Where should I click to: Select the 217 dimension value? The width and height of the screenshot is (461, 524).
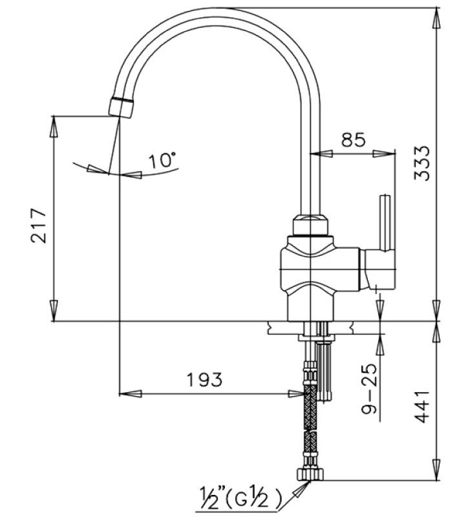38,225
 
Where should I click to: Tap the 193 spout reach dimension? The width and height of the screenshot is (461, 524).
205,379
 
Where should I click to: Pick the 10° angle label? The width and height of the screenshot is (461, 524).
162,160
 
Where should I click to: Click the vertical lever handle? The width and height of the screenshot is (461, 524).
385,223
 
